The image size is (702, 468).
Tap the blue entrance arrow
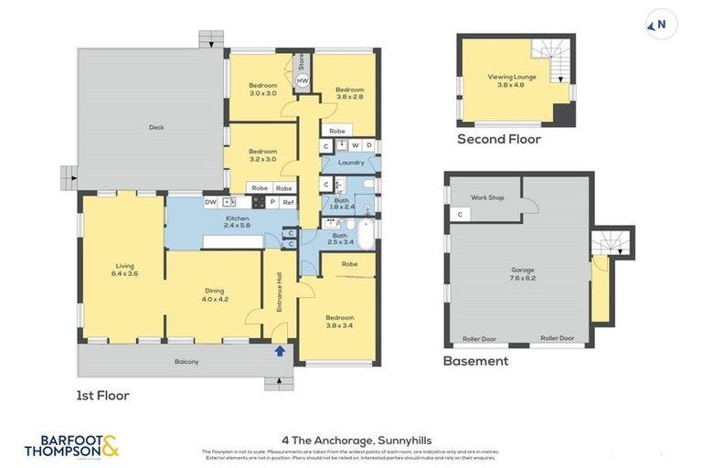pos(280,349)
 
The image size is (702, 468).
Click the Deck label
pos(156,127)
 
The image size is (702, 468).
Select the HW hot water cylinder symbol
pos(303,81)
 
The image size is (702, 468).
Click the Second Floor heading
pos(499,140)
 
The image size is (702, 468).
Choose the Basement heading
pos(475,361)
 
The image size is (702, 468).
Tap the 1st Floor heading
pos(103,396)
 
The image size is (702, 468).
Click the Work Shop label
pos(487,197)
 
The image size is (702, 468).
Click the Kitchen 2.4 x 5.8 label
pos(237,222)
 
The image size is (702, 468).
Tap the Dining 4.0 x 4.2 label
pos(216,296)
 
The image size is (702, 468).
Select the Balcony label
pos(186,362)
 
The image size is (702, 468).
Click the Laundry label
pos(351,163)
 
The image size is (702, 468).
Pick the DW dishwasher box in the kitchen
pos(210,202)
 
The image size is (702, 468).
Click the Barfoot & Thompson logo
pos(71,446)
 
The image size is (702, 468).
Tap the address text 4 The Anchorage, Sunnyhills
pos(351,438)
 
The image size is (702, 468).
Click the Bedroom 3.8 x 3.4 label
pos(339,320)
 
